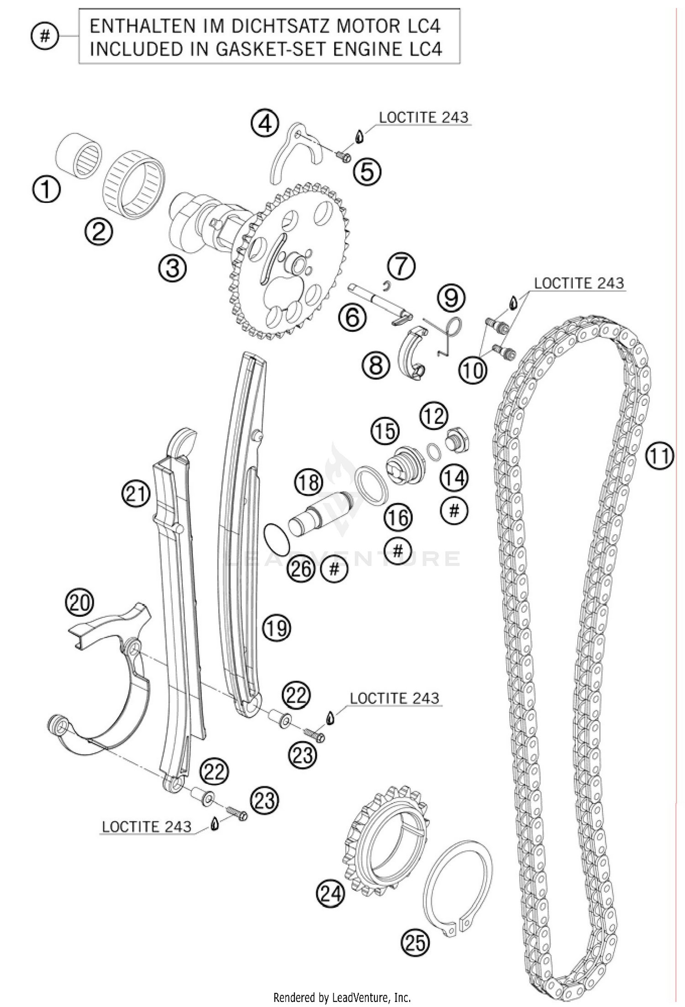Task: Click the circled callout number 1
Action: (x=47, y=190)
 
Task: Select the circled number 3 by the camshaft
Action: (x=173, y=268)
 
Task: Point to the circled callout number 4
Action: (x=264, y=123)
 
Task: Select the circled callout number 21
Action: (x=136, y=494)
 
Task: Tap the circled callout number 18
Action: (x=309, y=482)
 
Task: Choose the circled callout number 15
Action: (x=385, y=431)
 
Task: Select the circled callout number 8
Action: (x=376, y=365)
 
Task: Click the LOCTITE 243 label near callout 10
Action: (x=579, y=283)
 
